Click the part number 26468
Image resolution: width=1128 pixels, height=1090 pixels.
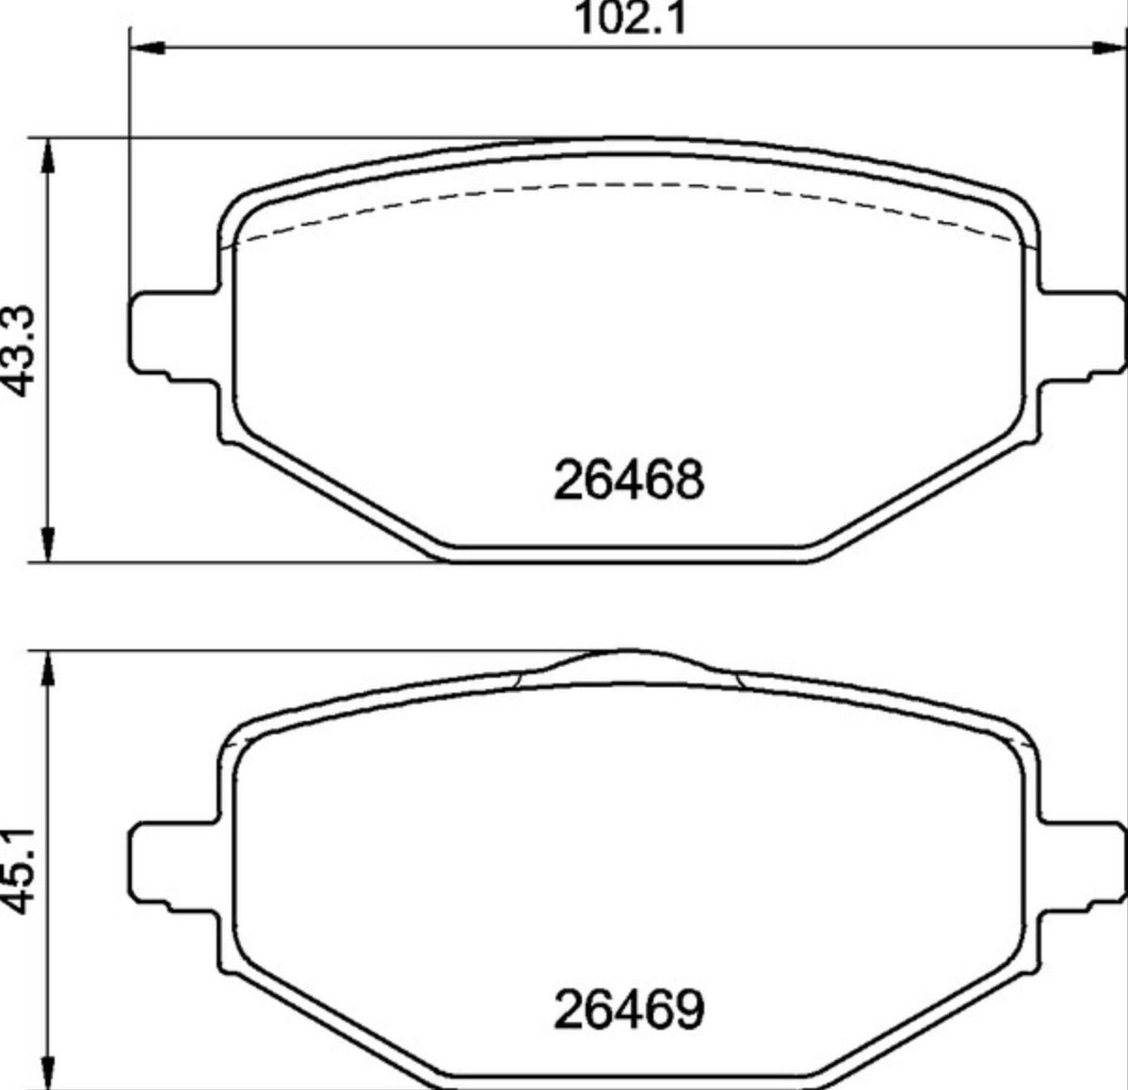[x=629, y=479]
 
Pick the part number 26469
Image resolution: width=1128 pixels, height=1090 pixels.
[x=629, y=1009]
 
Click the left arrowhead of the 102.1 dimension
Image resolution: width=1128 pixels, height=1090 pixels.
[x=148, y=48]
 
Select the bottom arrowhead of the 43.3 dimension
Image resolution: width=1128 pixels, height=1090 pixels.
[x=48, y=544]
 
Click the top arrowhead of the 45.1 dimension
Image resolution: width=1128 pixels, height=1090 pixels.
[x=48, y=669]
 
